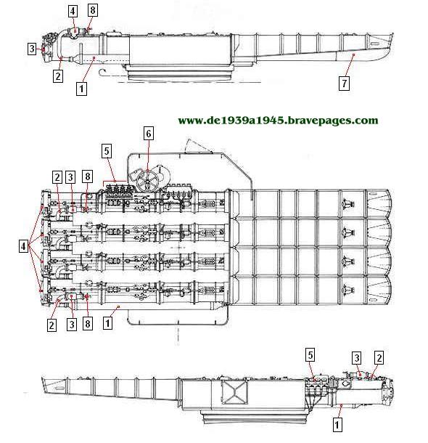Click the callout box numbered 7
click(x=344, y=84)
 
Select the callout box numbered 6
click(x=149, y=133)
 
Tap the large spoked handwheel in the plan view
click(x=147, y=179)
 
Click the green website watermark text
click(x=278, y=121)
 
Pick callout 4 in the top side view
click(x=73, y=12)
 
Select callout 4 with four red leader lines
click(x=23, y=246)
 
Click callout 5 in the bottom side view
click(x=310, y=355)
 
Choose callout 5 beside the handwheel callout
click(x=107, y=151)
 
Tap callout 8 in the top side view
click(x=93, y=10)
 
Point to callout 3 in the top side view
click(x=32, y=49)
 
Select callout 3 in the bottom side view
click(x=357, y=358)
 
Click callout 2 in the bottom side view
click(x=379, y=358)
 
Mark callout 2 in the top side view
click(x=58, y=76)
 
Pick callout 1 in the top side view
click(x=81, y=89)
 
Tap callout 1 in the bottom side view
click(x=337, y=425)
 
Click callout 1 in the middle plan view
click(x=107, y=322)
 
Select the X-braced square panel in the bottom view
click(x=234, y=391)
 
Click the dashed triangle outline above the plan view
click(x=198, y=146)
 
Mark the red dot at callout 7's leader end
click(x=353, y=54)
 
